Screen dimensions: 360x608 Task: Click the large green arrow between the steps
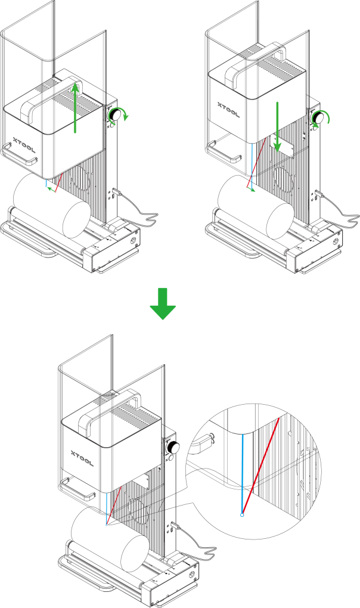tap(163, 303)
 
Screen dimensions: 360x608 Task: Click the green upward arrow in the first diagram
tap(75, 108)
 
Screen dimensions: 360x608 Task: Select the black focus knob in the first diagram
tap(114, 114)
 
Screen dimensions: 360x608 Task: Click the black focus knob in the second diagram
tap(318, 117)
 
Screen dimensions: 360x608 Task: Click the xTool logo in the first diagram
tap(24, 145)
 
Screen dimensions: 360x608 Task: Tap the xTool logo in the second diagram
tap(229, 110)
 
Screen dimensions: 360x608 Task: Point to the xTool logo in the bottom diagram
tap(82, 458)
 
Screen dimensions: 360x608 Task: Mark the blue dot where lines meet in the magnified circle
tap(242, 515)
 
